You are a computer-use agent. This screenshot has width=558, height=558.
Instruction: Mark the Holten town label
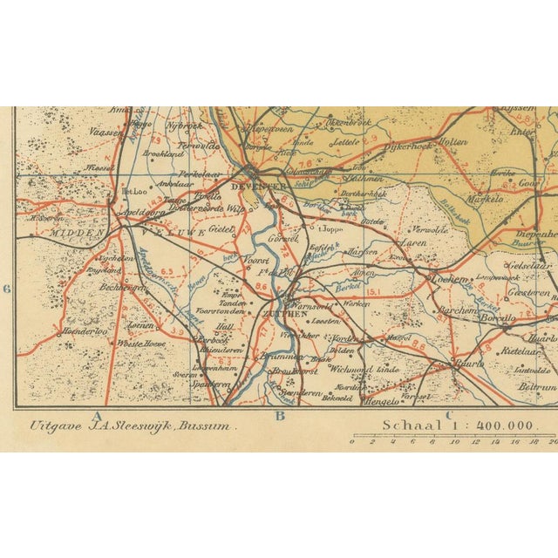coord(453,141)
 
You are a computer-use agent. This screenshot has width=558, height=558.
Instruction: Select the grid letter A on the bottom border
coord(99,416)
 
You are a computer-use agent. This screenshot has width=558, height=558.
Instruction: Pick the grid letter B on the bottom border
coord(280,416)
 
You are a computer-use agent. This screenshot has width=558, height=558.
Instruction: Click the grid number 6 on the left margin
coord(6,289)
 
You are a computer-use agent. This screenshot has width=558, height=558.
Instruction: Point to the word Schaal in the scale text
coord(406,425)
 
